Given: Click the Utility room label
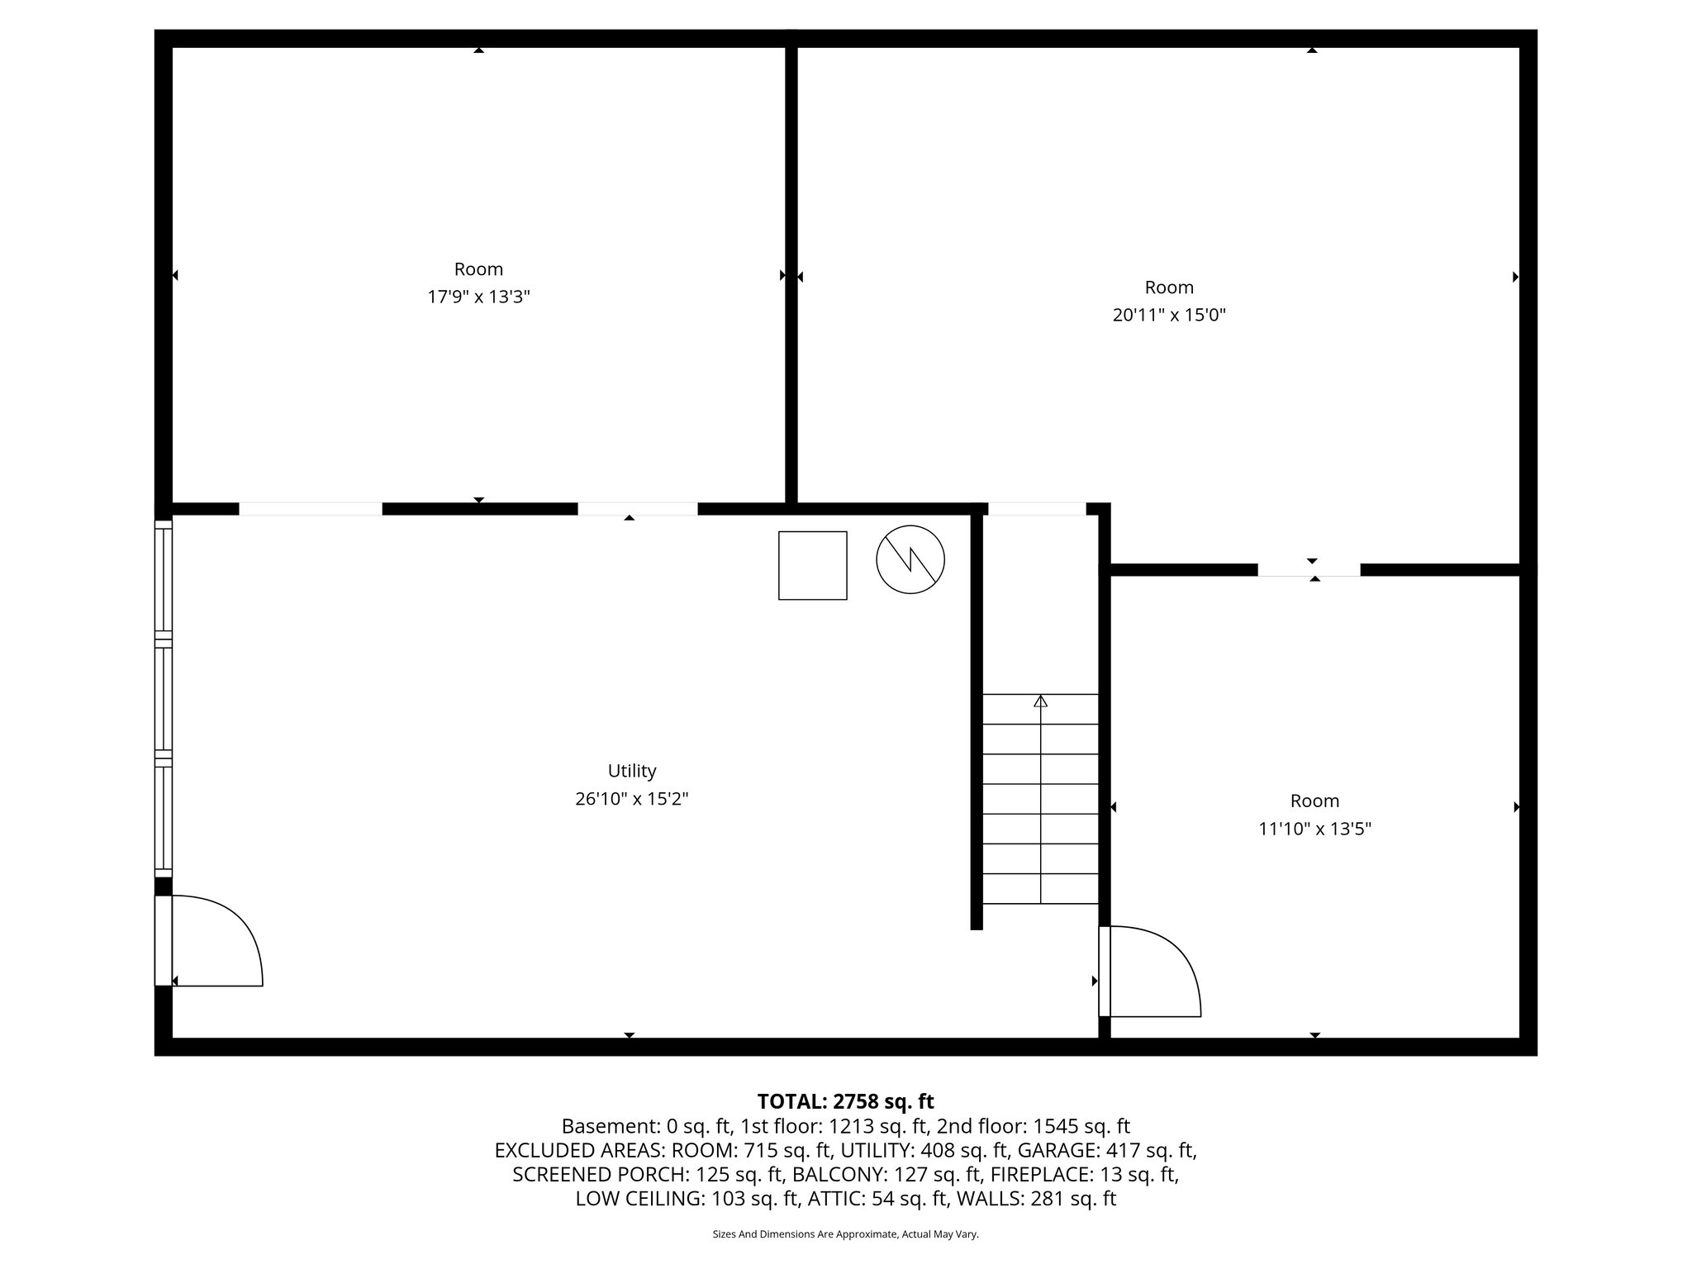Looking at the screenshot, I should pyautogui.click(x=632, y=771).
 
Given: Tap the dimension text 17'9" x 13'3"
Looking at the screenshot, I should pyautogui.click(x=478, y=297).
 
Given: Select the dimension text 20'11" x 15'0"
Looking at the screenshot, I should pyautogui.click(x=1169, y=315).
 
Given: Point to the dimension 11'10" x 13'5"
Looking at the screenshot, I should pyautogui.click(x=1314, y=829).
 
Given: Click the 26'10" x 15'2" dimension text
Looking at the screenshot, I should pyautogui.click(x=632, y=799).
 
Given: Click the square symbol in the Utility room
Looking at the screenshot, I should pyautogui.click(x=812, y=565).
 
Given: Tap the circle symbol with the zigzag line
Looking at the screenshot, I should pyautogui.click(x=910, y=559).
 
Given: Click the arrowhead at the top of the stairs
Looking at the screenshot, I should pyautogui.click(x=1040, y=701).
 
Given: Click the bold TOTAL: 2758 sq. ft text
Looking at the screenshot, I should pyautogui.click(x=845, y=1101).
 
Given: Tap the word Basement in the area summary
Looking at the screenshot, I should pyautogui.click(x=597, y=1126).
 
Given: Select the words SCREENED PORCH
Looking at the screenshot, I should pyautogui.click(x=601, y=1174).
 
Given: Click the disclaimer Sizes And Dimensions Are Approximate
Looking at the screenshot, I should pyautogui.click(x=845, y=1234).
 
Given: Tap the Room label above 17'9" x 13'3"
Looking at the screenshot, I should pyautogui.click(x=478, y=269).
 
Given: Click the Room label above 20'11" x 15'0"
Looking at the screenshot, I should pyautogui.click(x=1169, y=288).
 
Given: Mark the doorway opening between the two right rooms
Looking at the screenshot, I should pyautogui.click(x=1309, y=569).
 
